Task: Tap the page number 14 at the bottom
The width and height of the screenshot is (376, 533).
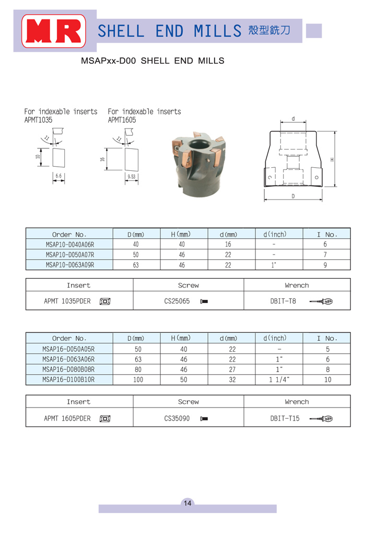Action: pos(187,503)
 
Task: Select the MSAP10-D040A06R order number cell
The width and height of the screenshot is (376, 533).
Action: pos(70,245)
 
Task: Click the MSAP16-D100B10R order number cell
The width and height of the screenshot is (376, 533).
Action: pos(70,380)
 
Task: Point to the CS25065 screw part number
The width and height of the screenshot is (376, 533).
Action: pos(177,302)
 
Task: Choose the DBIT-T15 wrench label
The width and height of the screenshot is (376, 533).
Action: pos(285,419)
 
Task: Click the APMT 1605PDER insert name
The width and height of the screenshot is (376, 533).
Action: pos(67,419)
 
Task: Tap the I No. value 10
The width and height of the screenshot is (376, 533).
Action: pos(327,380)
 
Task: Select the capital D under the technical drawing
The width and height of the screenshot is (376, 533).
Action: pos(293,196)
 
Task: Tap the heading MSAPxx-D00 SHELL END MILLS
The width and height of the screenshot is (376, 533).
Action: pos(152,61)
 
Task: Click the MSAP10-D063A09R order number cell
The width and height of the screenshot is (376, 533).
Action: pos(70,265)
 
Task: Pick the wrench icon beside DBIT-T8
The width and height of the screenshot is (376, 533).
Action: pos(321,302)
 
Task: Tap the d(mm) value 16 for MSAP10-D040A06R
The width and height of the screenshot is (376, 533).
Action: pos(228,245)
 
